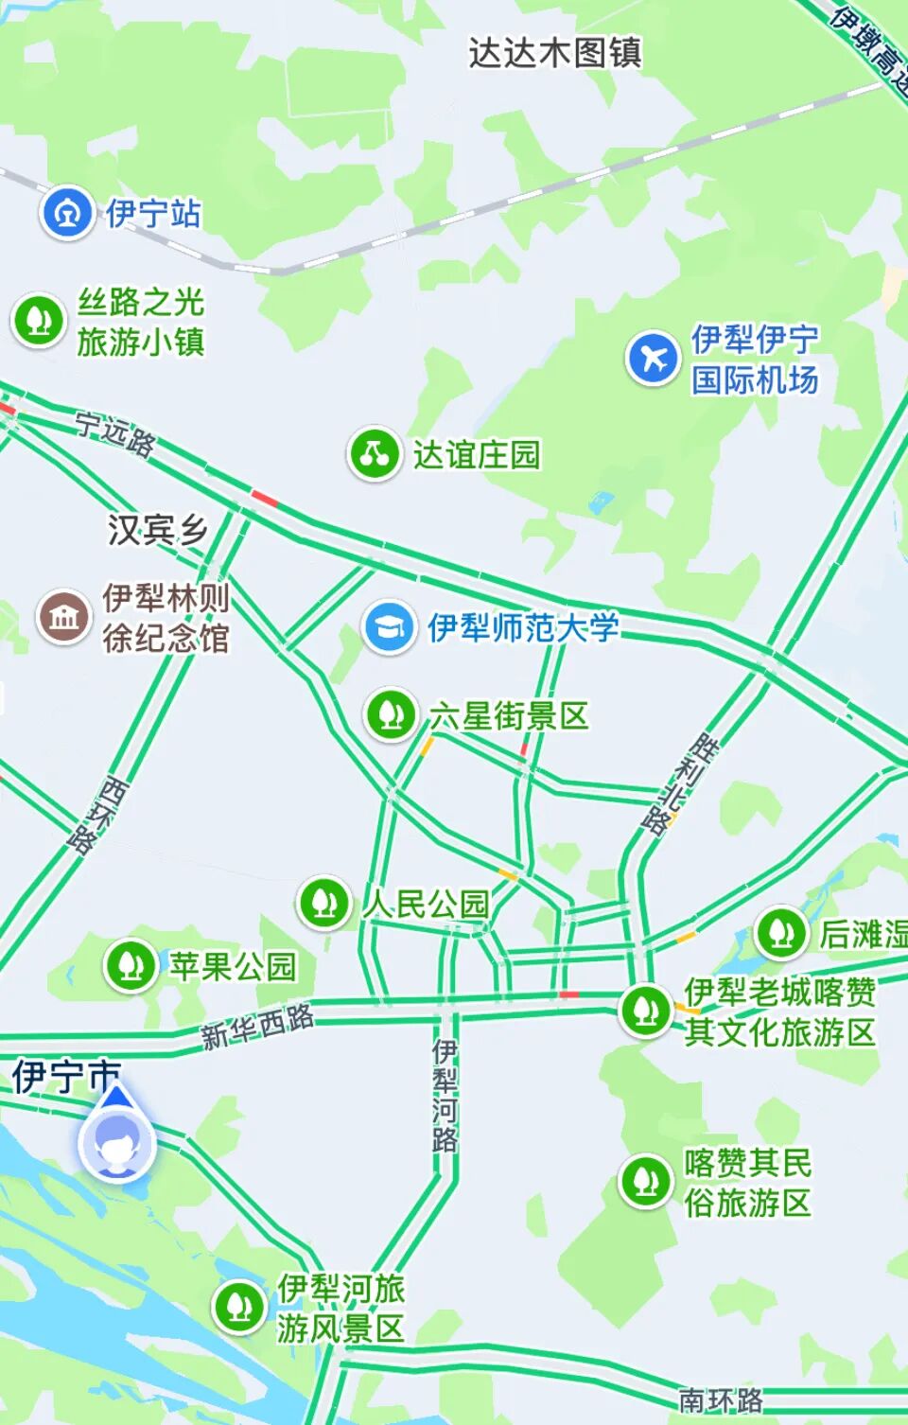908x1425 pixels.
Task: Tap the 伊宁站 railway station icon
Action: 65,213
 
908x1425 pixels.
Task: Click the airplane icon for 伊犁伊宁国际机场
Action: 653,359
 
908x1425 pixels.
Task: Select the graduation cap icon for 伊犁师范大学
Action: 389,626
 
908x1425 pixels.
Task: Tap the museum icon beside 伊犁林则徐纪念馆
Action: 63,617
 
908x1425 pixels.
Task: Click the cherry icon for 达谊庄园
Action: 375,454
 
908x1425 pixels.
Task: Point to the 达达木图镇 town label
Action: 555,53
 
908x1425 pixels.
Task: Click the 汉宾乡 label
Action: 157,530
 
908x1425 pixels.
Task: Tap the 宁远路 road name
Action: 115,434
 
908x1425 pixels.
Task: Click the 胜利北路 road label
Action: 679,783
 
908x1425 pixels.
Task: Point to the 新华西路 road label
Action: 257,1026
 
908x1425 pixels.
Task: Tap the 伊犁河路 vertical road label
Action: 445,1096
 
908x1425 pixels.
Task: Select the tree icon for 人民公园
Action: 324,903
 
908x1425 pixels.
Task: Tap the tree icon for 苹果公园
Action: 131,966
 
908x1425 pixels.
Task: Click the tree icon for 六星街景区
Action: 391,715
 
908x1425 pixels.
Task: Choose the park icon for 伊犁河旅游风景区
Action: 239,1308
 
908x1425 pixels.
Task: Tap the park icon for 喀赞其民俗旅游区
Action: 646,1181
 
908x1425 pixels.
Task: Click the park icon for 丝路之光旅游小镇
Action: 38,320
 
